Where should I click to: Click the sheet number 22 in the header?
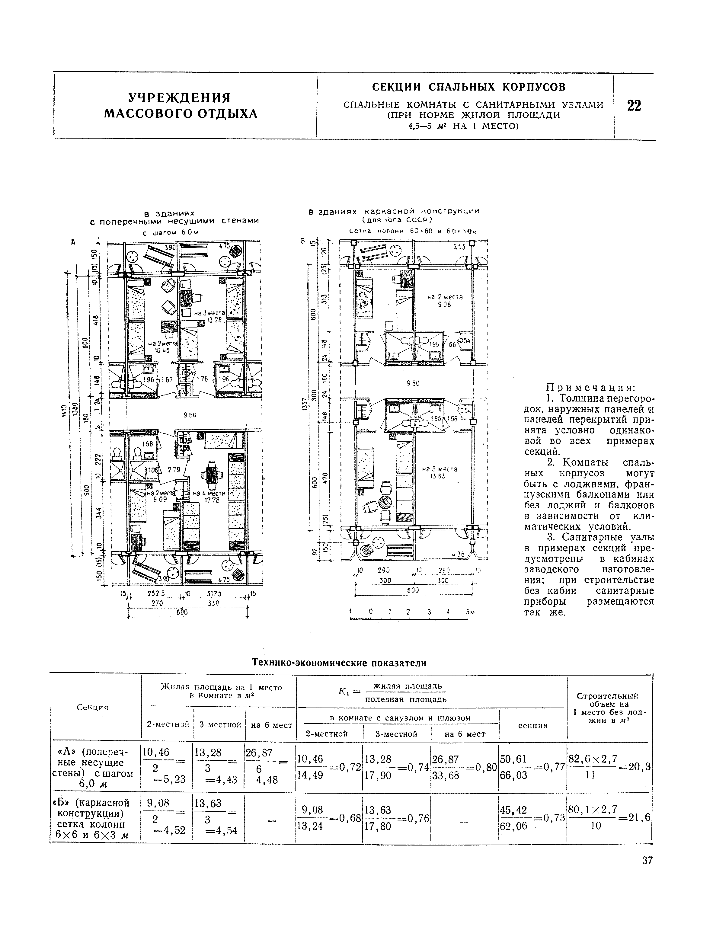634,106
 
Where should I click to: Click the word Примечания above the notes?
590,388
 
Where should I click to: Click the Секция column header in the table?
92,708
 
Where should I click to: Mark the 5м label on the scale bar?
469,612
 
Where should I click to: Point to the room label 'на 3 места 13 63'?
440,472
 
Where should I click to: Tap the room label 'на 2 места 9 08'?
444,301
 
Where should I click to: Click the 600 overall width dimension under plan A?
183,612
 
